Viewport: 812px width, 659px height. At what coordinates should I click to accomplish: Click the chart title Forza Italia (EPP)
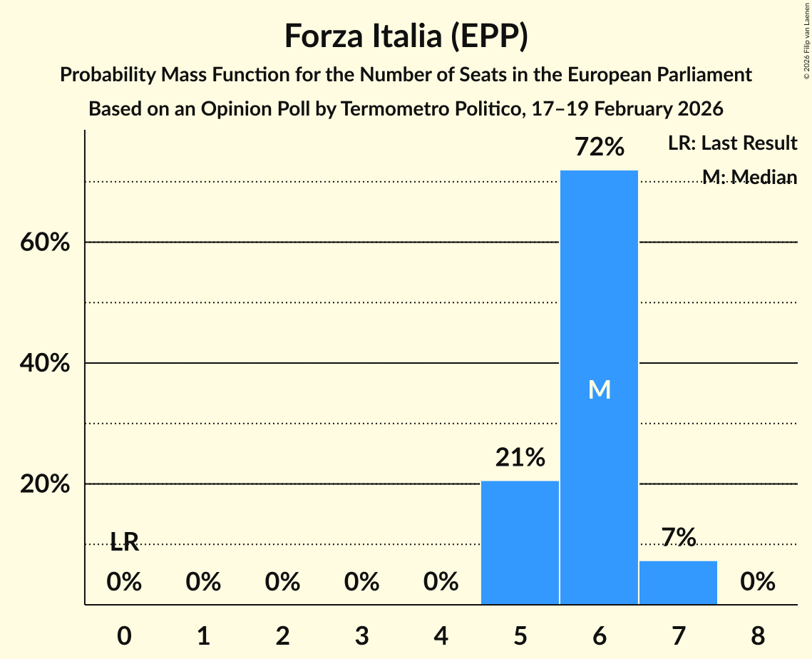406,36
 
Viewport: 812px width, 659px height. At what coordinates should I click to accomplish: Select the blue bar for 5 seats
520,543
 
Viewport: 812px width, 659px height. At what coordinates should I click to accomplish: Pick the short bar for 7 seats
678,583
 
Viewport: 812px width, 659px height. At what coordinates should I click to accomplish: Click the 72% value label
599,148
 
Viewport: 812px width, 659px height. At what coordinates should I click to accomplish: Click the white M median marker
599,389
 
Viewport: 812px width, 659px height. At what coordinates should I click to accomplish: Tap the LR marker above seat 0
124,543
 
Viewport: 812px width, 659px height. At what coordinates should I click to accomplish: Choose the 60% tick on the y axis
44,242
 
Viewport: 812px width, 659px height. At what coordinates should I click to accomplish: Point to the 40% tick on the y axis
44,364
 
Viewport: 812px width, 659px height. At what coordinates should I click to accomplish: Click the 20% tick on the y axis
44,485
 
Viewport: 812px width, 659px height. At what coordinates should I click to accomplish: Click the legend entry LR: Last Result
732,143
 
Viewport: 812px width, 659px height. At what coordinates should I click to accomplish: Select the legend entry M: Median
749,177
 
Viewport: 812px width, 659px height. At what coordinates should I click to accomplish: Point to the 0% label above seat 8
757,583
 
